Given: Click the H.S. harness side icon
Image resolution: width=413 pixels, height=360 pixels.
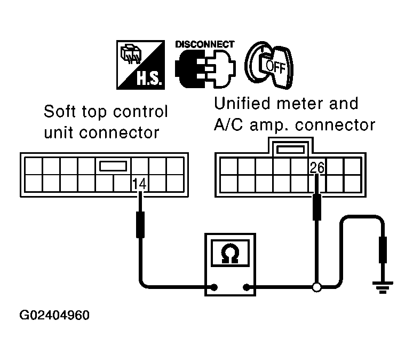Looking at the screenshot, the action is point(141,65).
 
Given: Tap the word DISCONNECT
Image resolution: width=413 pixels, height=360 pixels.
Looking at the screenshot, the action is point(205,44).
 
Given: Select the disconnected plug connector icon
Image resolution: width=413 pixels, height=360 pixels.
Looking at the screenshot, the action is point(205,69).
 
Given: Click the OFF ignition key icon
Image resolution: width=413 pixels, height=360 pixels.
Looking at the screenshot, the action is point(269,65).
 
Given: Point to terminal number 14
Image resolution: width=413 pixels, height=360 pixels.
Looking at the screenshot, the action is point(139,184).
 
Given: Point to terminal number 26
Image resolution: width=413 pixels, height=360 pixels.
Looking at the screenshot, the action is point(317,168).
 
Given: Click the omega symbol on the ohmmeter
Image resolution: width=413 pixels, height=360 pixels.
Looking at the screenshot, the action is point(230,254).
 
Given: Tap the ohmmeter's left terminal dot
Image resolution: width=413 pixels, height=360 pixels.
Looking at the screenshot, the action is point(215,287).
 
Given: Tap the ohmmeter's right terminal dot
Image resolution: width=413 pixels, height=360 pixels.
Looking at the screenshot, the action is point(247,287).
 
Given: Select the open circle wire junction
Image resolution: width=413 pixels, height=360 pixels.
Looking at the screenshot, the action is point(316,287).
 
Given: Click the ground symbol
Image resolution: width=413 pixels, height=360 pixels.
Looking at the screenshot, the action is point(383,287).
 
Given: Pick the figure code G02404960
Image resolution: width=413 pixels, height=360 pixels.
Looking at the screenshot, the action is point(54,315).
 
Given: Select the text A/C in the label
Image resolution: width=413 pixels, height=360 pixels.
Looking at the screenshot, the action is point(228,125).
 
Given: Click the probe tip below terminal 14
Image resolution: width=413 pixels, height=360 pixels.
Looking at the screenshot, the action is point(140,225).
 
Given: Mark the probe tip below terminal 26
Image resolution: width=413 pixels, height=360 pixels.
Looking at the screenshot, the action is point(317,207).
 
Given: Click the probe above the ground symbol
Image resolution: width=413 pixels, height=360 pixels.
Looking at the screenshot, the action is point(383,250).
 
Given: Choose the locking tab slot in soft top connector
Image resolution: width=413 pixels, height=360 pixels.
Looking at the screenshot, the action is point(113,166).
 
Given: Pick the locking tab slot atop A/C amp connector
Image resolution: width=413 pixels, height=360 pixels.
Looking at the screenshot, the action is point(290,150).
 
